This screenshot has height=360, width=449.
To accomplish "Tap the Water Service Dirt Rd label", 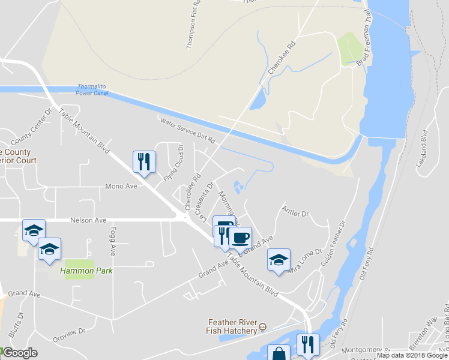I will [x=187, y=130].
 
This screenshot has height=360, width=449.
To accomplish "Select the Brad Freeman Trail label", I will [x=363, y=43].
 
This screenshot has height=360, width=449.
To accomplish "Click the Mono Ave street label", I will [x=122, y=186].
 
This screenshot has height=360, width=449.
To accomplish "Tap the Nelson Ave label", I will [x=87, y=220].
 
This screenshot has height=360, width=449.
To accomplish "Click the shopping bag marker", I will [x=279, y=355].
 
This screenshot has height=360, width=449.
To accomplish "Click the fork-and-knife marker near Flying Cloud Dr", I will [x=144, y=161].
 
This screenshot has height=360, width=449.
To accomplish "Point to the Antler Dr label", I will [x=295, y=213].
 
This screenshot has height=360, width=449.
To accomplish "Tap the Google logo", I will [x=20, y=353].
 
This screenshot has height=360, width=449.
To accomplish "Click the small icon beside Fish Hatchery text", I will [x=262, y=328].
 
